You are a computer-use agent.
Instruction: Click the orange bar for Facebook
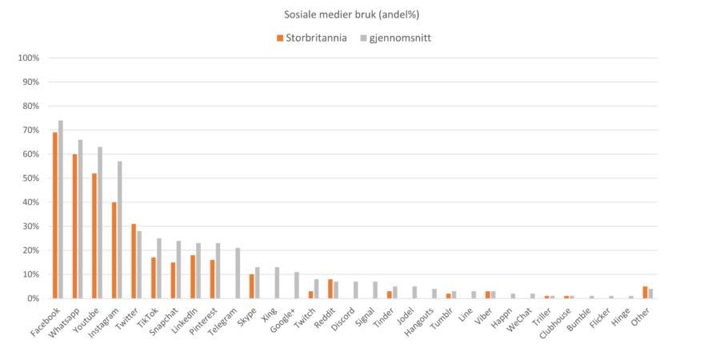pos(54,215)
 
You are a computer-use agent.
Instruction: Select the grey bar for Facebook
pos(61,209)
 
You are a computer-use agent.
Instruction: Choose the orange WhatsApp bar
pos(74,226)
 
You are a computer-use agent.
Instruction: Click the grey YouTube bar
pos(100,222)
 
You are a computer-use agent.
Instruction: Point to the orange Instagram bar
pos(114,250)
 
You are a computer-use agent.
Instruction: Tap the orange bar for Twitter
pos(134,261)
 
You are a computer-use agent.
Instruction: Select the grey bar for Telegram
pos(238,273)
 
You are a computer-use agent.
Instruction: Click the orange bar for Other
pos(645,292)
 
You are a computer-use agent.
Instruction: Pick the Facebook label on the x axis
pos(45,316)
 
